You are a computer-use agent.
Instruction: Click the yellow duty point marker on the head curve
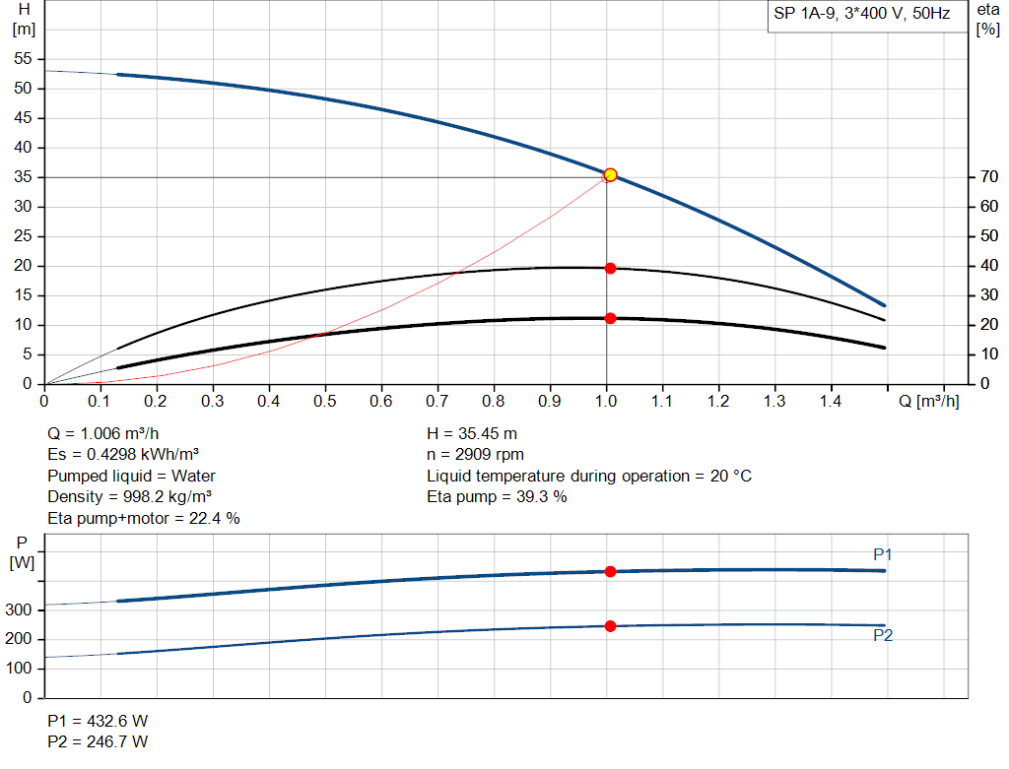click(x=610, y=175)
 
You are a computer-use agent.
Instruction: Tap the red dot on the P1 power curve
click(x=610, y=571)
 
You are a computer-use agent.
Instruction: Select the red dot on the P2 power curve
click(x=610, y=626)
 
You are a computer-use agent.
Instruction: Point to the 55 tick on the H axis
click(x=25, y=59)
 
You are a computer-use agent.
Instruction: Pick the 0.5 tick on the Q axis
click(x=325, y=402)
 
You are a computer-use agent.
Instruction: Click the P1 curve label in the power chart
click(x=882, y=555)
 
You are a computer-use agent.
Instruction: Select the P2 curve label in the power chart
click(x=882, y=636)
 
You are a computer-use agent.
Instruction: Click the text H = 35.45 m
click(x=472, y=434)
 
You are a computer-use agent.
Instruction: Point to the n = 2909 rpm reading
click(x=475, y=455)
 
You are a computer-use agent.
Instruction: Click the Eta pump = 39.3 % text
click(x=497, y=496)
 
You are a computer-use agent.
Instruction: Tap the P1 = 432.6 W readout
click(x=98, y=721)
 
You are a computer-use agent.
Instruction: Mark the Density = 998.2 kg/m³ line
click(x=130, y=496)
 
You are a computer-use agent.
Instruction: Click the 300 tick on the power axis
click(x=23, y=610)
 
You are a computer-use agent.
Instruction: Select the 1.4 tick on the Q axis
click(x=831, y=402)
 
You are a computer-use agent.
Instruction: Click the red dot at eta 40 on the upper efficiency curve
click(x=610, y=268)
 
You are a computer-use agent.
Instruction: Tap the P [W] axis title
click(x=22, y=552)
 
